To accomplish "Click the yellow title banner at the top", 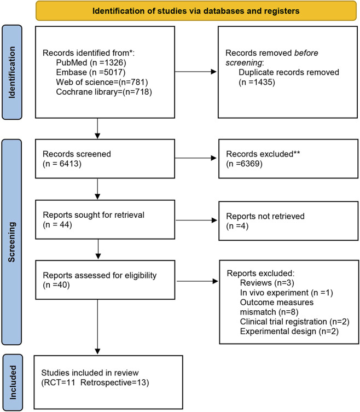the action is pos(196,11).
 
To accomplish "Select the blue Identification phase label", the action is pos(12,72).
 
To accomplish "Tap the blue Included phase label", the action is pos(13,382).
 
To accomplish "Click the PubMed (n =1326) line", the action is pos(91,62).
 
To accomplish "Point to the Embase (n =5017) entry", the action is pos(91,72).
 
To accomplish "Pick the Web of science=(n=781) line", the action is pos(102,82).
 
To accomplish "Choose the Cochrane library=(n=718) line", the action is pos(104,92).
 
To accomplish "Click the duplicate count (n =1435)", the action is pos(257,82).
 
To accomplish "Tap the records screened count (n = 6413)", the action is pos(62,164).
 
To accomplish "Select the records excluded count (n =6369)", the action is pos(245,164).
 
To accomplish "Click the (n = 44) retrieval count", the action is pos(57,225).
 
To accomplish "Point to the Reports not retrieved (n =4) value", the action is pos(237,226).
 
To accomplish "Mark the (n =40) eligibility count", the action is pos(56,285).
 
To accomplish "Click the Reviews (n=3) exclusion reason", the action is pos(267,283).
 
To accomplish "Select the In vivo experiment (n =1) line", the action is pos(287,292).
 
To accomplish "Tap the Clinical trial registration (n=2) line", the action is pos(294,322).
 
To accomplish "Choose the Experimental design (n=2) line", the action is pos(289,332).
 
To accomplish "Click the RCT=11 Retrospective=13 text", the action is pos(95,382).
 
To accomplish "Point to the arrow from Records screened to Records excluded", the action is pos(195,158).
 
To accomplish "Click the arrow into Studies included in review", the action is pos(97,327).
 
